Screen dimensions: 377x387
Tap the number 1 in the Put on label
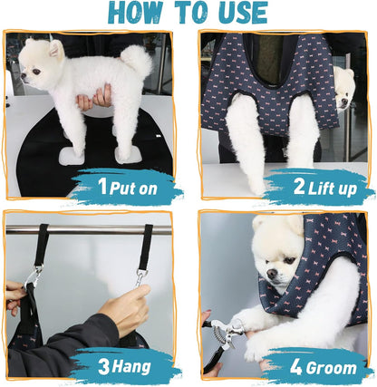coord(102,186)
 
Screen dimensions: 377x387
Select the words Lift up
coord(332,189)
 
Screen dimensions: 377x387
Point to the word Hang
coord(130,367)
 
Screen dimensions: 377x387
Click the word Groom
coord(331,368)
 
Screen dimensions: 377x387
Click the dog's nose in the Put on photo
coord(23,76)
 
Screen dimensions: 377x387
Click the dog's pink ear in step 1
coord(56,49)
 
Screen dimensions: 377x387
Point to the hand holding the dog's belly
coord(94,98)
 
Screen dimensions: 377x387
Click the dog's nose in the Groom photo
coord(272,274)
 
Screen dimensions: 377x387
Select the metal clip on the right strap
coord(141,278)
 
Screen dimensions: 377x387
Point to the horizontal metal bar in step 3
coord(89,230)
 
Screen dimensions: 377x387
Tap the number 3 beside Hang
coord(103,367)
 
